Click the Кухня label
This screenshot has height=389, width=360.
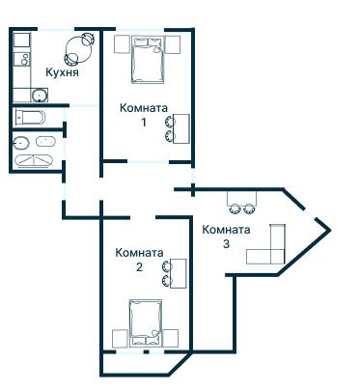(62, 72)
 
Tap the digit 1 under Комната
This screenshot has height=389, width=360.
(143, 123)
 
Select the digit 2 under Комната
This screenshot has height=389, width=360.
(139, 267)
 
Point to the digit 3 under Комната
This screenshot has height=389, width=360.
(226, 244)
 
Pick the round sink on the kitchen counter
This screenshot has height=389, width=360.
(40, 95)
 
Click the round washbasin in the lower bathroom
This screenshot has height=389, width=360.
(21, 142)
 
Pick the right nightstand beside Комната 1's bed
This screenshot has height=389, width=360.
(174, 43)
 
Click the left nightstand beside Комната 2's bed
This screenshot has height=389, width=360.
(120, 338)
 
